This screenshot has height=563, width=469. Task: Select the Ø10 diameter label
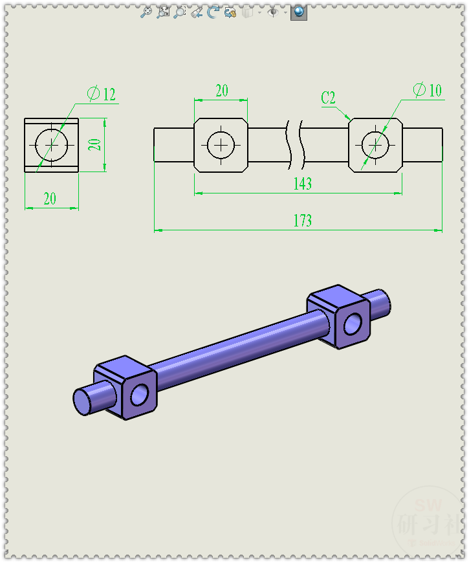pyautogui.click(x=427, y=90)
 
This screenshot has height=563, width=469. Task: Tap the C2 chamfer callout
pyautogui.click(x=329, y=98)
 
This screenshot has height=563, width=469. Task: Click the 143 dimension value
pyautogui.click(x=302, y=184)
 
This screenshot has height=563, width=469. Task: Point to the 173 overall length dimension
pyautogui.click(x=302, y=221)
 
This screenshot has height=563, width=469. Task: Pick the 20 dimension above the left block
pyautogui.click(x=221, y=91)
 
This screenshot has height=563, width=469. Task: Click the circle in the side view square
pyautogui.click(x=51, y=145)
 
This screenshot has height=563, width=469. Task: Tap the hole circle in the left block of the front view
pyautogui.click(x=221, y=145)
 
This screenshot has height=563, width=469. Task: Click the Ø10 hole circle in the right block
pyautogui.click(x=375, y=145)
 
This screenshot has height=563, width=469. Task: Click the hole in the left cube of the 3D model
pyautogui.click(x=140, y=393)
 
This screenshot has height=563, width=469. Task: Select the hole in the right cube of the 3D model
pyautogui.click(x=353, y=324)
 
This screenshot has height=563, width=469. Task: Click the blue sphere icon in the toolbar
pyautogui.click(x=298, y=12)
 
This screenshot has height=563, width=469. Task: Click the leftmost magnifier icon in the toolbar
pyautogui.click(x=146, y=12)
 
